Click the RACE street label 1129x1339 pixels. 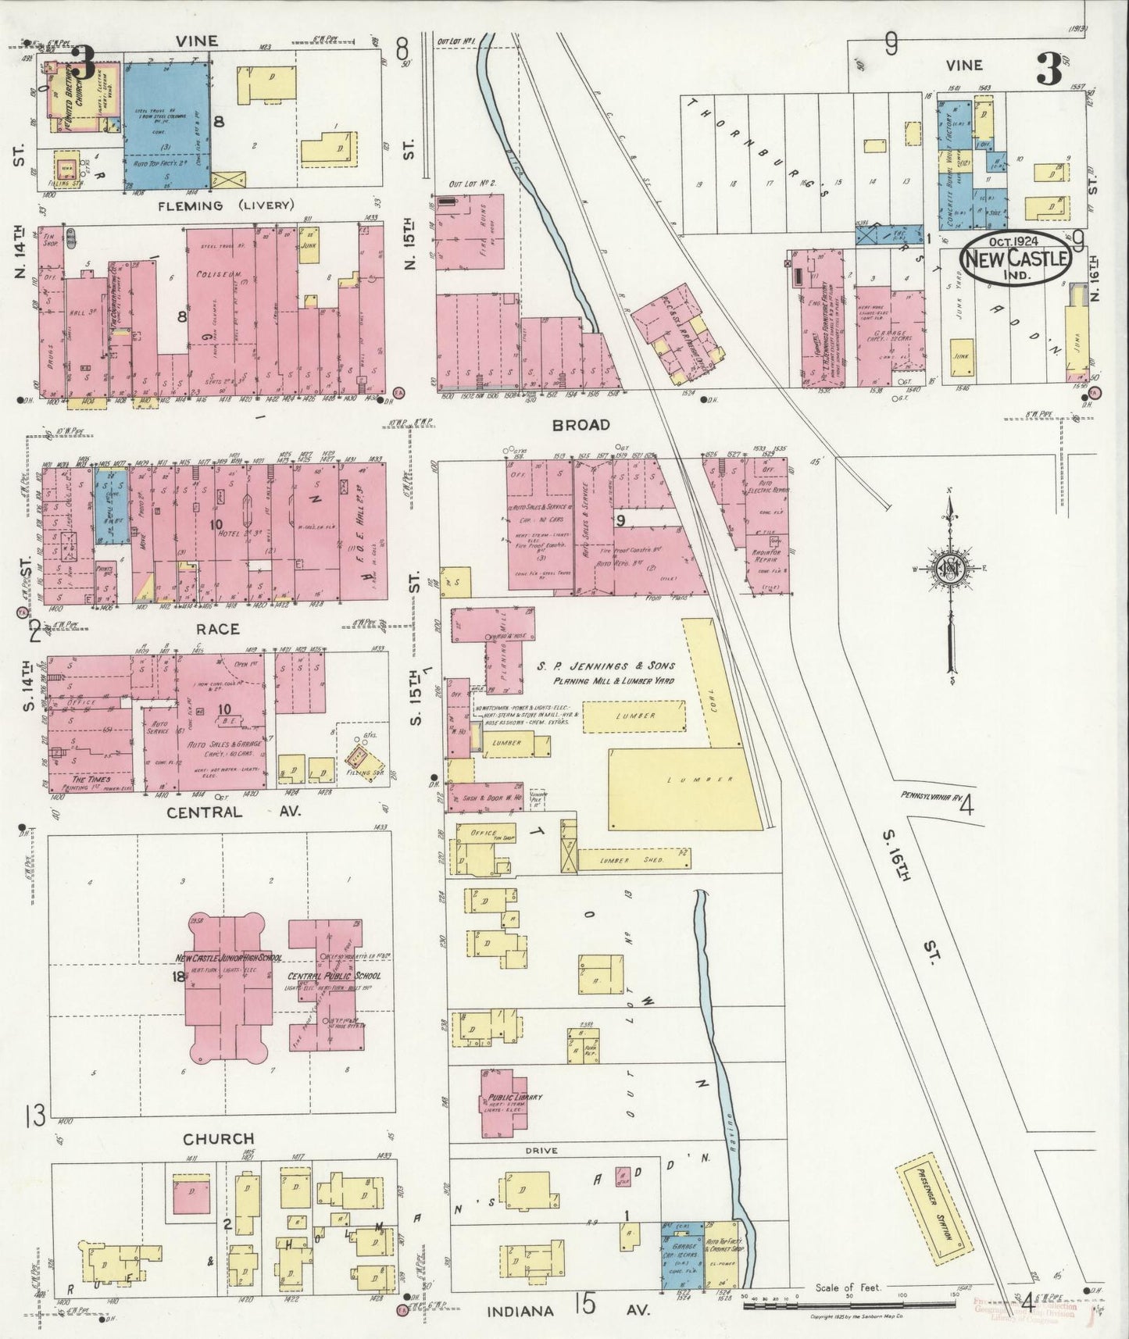[219, 629]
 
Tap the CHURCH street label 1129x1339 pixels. [220, 1139]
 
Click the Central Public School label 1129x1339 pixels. [334, 976]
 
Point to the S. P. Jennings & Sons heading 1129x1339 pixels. [605, 666]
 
